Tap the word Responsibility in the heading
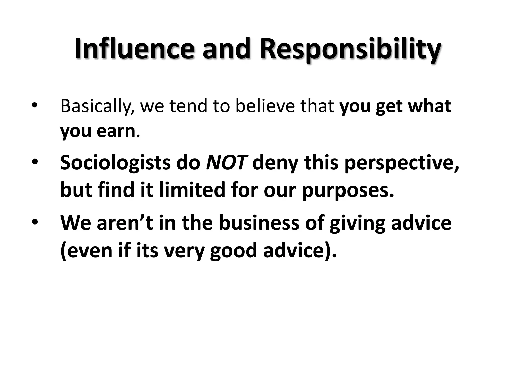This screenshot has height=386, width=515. point(350,50)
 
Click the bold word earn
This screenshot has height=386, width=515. point(116,131)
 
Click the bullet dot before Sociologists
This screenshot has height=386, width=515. point(34,162)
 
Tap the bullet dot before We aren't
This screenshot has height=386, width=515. point(34,223)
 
